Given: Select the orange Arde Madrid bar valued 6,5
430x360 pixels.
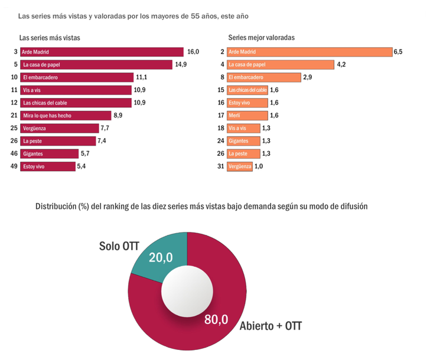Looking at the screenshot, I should point(310,52).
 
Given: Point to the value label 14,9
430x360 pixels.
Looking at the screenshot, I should point(181,64).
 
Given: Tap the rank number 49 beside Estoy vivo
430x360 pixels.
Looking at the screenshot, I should point(14,166).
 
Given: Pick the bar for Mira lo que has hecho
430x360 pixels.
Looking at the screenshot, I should point(65,116).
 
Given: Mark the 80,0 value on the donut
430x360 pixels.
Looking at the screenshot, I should point(216,319).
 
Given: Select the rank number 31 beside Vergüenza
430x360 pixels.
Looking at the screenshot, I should point(221,166).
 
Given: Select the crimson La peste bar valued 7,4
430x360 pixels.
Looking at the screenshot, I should point(57,141).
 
